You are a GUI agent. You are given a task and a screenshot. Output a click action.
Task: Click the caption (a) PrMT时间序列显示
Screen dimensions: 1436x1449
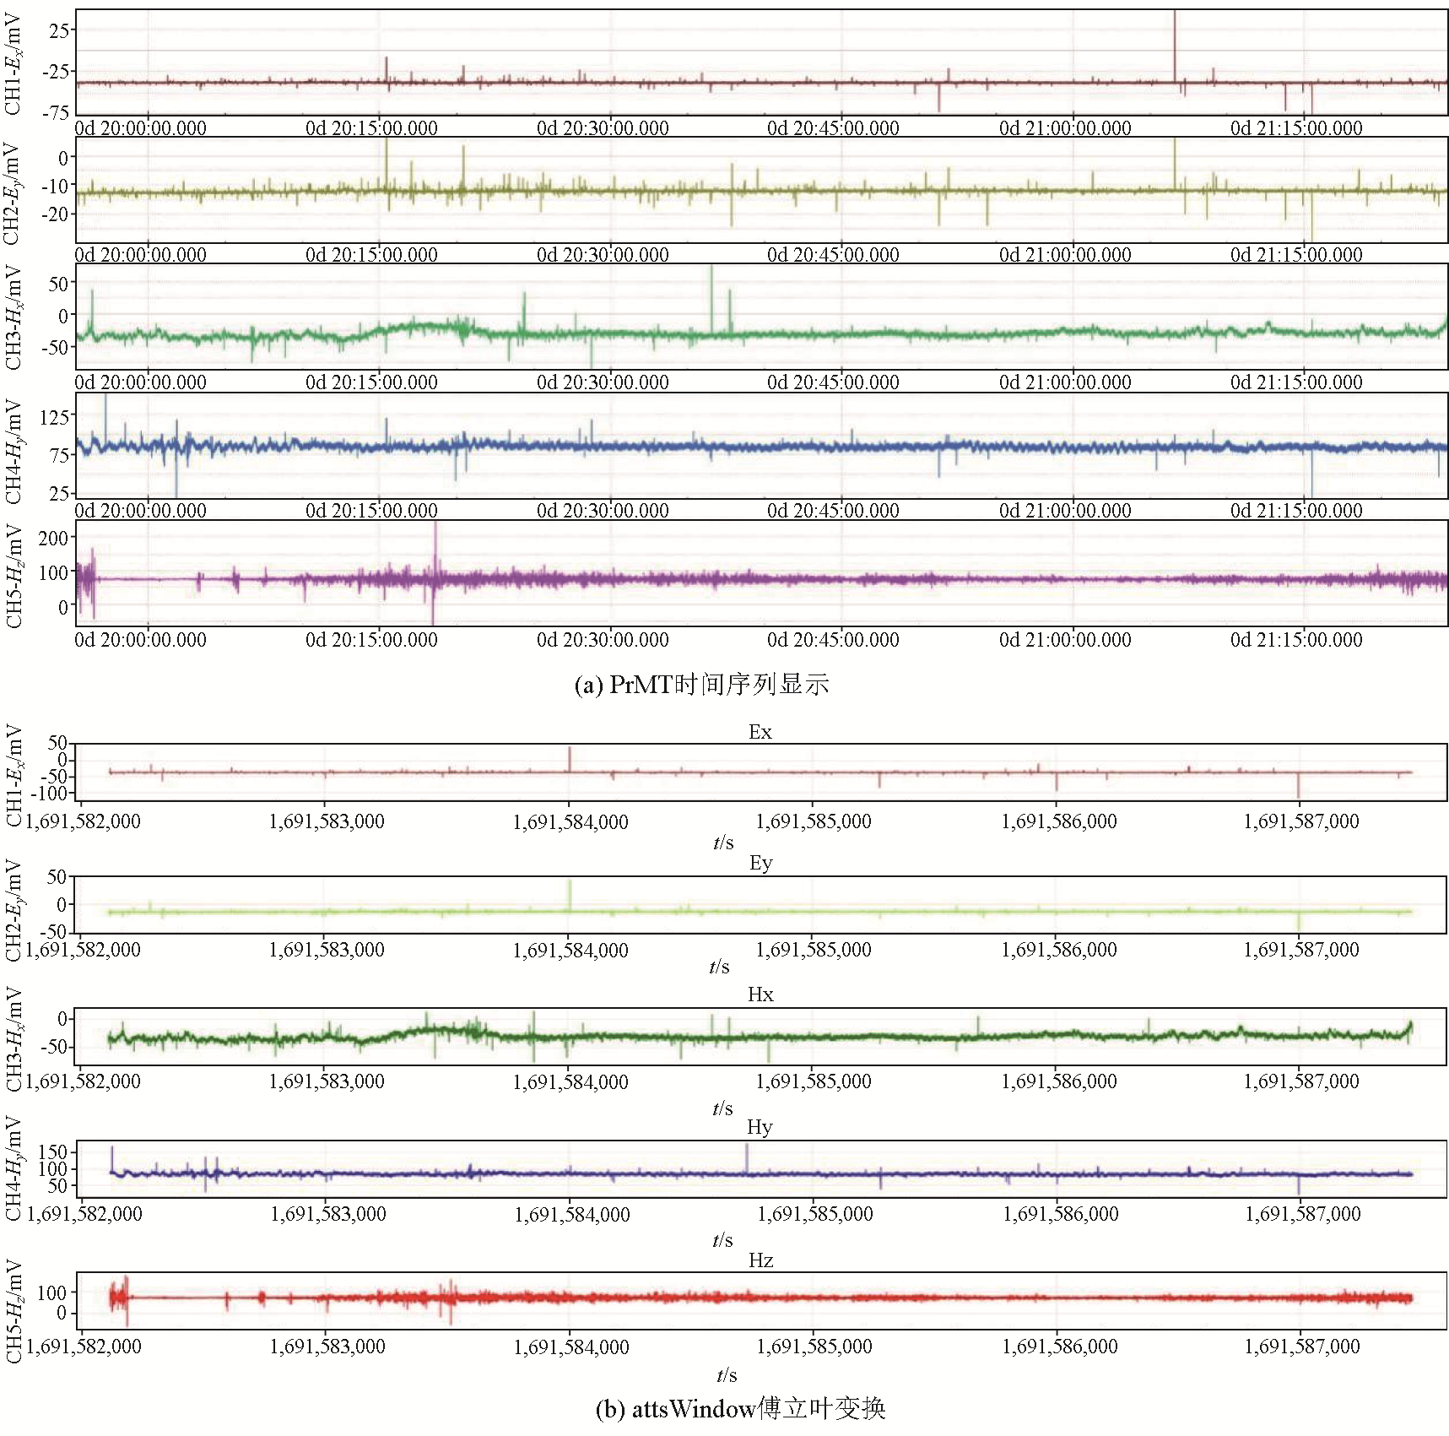click(701, 684)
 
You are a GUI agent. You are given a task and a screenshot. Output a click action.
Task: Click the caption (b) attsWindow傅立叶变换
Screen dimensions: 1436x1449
click(740, 1408)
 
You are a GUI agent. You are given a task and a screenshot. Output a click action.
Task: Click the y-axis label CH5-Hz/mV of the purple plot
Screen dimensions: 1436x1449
click(14, 576)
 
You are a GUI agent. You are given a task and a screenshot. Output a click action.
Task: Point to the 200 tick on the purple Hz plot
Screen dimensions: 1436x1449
click(53, 538)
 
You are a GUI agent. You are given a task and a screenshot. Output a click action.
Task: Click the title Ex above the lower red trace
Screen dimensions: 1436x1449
click(760, 732)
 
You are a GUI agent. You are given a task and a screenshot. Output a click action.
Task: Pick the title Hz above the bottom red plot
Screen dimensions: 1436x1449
click(760, 1260)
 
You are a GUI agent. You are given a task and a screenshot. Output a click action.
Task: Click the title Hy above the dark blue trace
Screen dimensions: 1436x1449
click(760, 1127)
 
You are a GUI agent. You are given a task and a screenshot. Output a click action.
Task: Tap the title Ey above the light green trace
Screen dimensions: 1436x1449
click(760, 863)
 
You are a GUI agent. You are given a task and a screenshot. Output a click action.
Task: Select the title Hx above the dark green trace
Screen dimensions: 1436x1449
click(760, 994)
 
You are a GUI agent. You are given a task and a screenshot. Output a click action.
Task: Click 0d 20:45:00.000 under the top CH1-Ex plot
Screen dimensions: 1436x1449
click(833, 128)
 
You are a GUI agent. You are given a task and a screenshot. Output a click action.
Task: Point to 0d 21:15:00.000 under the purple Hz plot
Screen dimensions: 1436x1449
click(1296, 640)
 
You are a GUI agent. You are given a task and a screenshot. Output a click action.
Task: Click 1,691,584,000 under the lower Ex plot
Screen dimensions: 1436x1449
click(570, 821)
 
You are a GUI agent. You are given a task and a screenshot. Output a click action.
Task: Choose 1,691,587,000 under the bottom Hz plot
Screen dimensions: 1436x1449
click(1302, 1347)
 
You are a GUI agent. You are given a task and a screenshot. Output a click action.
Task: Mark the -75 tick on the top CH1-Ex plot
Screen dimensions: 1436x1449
click(57, 112)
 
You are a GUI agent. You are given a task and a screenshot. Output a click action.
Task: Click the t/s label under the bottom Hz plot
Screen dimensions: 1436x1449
click(727, 1375)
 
